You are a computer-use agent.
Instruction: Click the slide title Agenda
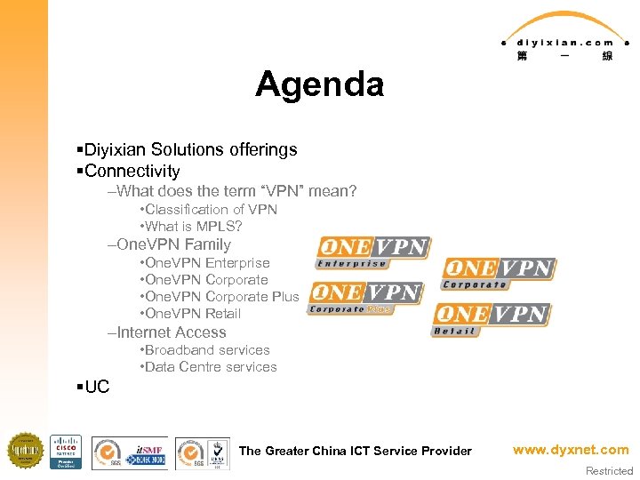click(319, 84)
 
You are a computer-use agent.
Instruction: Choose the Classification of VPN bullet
click(211, 210)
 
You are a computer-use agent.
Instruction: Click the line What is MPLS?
click(193, 227)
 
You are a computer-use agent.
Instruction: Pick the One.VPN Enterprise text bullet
click(206, 263)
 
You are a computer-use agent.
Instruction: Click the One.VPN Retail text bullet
click(192, 314)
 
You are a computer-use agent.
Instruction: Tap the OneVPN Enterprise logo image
click(373, 252)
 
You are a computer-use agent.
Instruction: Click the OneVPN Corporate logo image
click(499, 274)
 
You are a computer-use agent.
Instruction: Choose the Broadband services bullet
click(206, 350)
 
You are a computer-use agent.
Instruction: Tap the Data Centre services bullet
click(210, 367)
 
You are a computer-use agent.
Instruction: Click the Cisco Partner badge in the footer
click(66, 452)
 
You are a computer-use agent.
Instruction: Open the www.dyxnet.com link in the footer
click(570, 450)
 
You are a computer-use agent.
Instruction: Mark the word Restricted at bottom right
click(609, 471)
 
